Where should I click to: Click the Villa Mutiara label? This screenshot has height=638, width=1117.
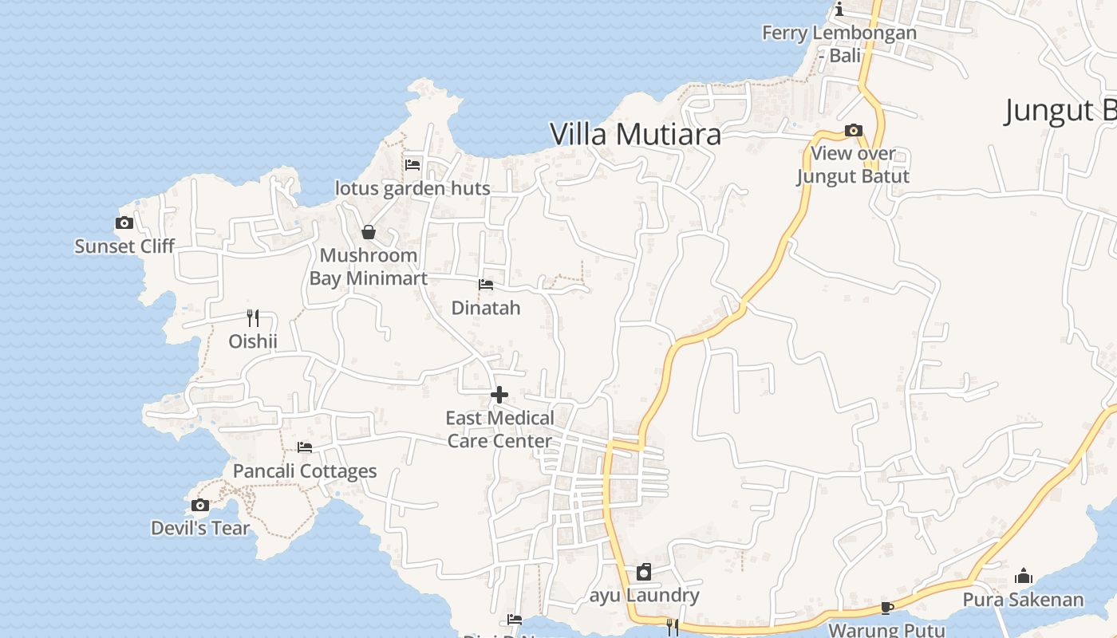click(x=635, y=134)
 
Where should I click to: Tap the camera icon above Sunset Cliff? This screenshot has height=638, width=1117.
click(x=124, y=223)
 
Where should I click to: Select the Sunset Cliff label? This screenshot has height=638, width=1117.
click(x=124, y=246)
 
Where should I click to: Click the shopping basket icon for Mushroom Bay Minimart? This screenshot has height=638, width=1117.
click(x=369, y=232)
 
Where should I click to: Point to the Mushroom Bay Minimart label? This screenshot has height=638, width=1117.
click(x=369, y=267)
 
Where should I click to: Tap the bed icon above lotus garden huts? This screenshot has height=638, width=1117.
click(x=412, y=165)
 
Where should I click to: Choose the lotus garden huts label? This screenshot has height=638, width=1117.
click(x=412, y=189)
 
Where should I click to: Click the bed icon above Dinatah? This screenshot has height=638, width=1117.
click(x=485, y=285)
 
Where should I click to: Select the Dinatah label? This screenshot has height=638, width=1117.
click(x=485, y=308)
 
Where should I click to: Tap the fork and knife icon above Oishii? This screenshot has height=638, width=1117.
click(x=253, y=318)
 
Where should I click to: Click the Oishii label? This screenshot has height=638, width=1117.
click(x=253, y=341)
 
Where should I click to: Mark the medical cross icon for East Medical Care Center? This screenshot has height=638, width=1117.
click(x=499, y=395)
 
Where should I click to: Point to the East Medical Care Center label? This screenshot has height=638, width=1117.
click(x=499, y=429)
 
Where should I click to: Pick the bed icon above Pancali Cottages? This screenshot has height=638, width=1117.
click(x=304, y=447)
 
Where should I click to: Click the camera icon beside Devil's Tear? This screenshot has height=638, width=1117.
click(x=200, y=505)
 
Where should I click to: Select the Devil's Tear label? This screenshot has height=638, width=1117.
click(x=200, y=528)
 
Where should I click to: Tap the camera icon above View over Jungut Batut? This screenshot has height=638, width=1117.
click(x=853, y=130)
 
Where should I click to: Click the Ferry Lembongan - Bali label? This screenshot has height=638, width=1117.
click(x=839, y=44)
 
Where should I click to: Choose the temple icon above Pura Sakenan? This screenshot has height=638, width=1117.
click(x=1024, y=576)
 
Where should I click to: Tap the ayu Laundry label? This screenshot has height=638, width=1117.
click(x=644, y=595)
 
